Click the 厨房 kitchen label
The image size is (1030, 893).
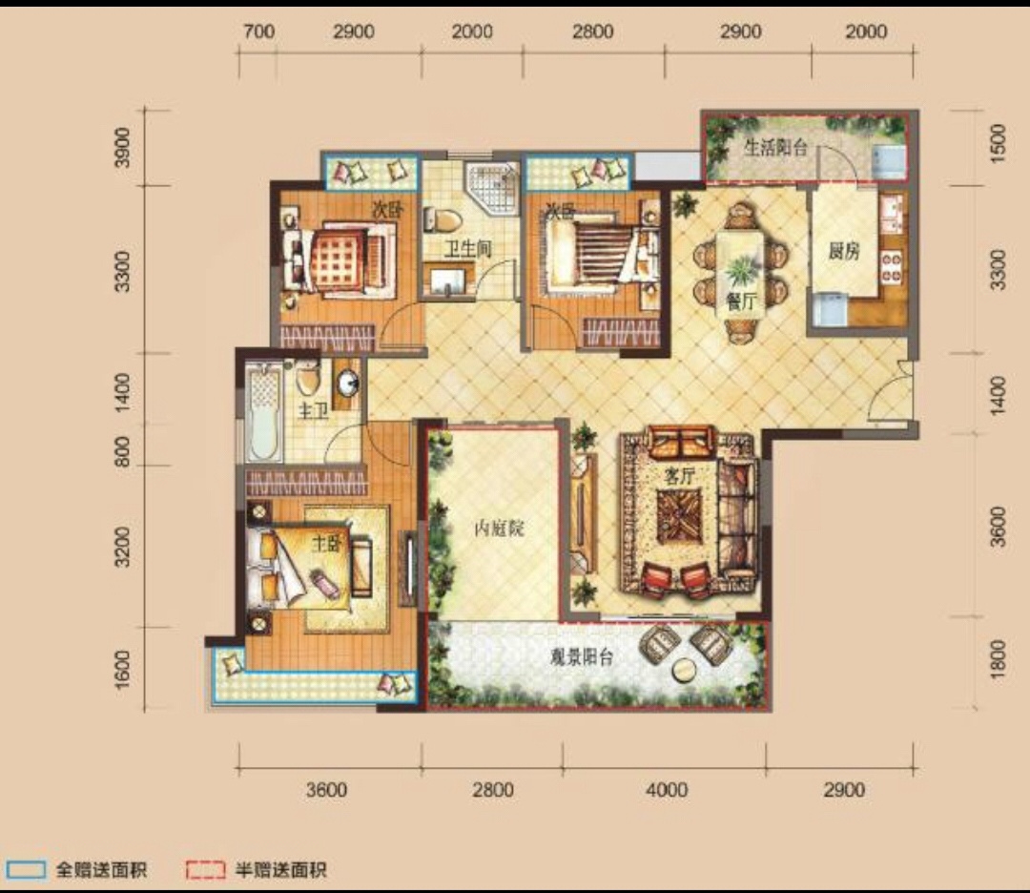[x=843, y=251]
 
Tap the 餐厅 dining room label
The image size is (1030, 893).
[x=742, y=301]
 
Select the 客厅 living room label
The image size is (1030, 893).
[x=679, y=476]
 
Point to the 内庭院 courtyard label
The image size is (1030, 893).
[x=499, y=529]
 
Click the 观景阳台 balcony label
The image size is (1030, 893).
[x=582, y=656]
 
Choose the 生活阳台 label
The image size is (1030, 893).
[x=775, y=147]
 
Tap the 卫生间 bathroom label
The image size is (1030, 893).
[x=467, y=249]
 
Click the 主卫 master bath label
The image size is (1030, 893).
[x=313, y=412]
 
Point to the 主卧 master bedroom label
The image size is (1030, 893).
[x=326, y=544]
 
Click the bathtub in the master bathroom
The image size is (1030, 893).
[x=265, y=410]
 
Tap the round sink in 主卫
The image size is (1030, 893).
[x=347, y=383]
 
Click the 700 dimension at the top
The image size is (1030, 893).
[x=258, y=31]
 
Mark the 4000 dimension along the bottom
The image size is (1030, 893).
[x=666, y=789]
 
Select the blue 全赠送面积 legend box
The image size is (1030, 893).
[x=26, y=870]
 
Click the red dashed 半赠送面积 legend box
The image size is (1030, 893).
[x=205, y=870]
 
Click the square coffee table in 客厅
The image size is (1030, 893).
[x=679, y=516]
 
